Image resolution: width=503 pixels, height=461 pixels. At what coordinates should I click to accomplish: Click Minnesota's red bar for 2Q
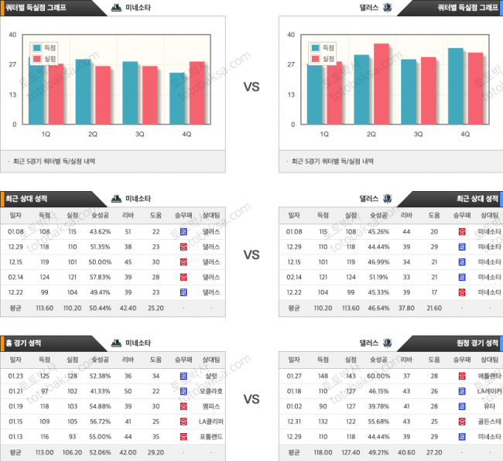tap(101, 94)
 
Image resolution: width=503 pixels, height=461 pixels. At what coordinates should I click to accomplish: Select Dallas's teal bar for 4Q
tap(456, 86)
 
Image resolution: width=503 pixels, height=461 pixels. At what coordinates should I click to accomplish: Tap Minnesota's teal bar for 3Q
tap(130, 92)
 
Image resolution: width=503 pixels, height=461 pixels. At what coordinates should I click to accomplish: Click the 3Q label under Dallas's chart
tap(418, 134)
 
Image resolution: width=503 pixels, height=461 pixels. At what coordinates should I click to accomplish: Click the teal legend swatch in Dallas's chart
tap(316, 47)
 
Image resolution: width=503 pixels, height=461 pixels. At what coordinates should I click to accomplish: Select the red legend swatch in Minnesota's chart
tap(36, 58)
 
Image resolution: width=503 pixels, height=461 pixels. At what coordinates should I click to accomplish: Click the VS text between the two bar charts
tap(251, 87)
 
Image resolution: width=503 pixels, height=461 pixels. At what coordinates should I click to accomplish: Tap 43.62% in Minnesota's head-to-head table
tap(101, 231)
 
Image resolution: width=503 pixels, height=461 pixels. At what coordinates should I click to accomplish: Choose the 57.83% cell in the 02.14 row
tap(101, 276)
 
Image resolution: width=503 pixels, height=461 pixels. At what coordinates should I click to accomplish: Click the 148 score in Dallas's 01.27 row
tap(323, 377)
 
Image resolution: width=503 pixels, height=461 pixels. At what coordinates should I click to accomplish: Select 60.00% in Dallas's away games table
tap(379, 377)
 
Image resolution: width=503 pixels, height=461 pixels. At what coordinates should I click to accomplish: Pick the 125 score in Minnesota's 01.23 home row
tap(44, 377)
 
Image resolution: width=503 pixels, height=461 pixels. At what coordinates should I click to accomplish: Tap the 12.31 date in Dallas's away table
tap(294, 422)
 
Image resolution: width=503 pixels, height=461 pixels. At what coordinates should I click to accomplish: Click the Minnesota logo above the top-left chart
tap(116, 8)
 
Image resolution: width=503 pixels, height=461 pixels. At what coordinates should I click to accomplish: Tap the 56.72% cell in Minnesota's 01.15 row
tap(101, 422)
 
